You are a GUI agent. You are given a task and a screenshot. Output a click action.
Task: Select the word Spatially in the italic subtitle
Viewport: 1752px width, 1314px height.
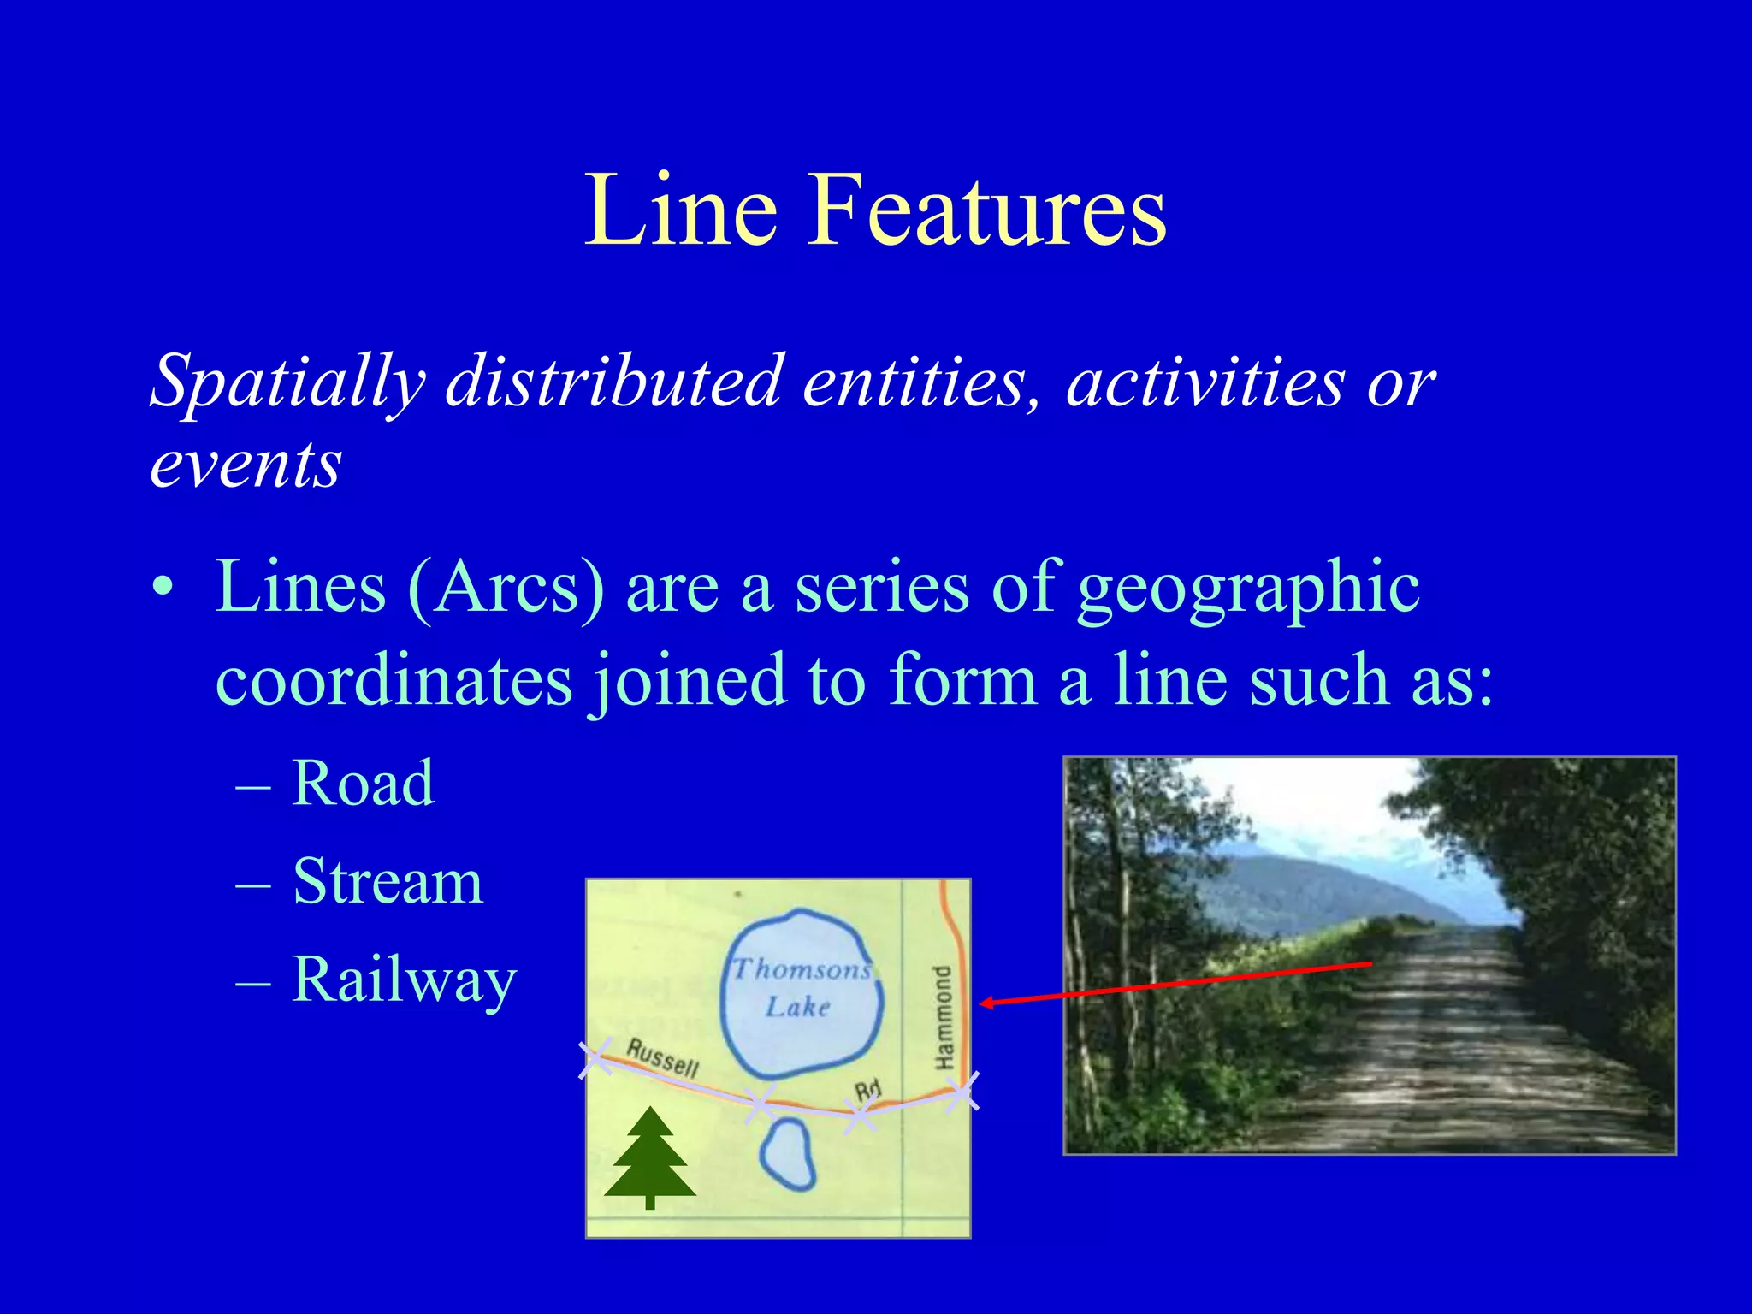(x=287, y=381)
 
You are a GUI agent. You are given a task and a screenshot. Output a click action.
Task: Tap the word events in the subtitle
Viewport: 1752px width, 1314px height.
(x=246, y=465)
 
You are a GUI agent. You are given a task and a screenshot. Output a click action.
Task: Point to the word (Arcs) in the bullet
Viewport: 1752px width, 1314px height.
(x=506, y=589)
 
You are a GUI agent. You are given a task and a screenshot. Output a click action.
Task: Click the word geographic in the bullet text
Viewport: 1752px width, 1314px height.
(x=1249, y=589)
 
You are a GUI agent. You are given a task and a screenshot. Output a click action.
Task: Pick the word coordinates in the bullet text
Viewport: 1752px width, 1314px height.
(x=394, y=681)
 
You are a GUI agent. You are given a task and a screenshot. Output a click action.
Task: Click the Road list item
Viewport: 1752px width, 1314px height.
(x=363, y=783)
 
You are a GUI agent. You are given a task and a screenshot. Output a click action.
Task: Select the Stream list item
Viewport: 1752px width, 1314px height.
(x=388, y=881)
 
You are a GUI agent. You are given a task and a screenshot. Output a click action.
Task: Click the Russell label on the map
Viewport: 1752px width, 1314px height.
(x=663, y=1057)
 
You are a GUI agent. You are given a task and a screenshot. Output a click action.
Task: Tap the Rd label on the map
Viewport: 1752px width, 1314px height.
(x=867, y=1090)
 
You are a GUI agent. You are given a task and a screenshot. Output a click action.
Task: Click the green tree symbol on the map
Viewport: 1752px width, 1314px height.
(x=650, y=1157)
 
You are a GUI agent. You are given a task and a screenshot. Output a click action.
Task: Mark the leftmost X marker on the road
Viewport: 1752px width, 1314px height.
(x=596, y=1058)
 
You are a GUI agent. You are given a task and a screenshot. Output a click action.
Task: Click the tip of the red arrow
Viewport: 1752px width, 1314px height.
(x=982, y=1003)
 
